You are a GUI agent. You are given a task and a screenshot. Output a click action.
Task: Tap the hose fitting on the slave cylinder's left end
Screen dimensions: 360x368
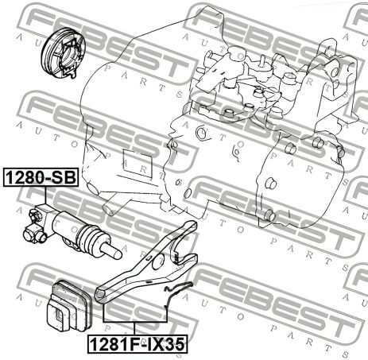pos(33,230)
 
